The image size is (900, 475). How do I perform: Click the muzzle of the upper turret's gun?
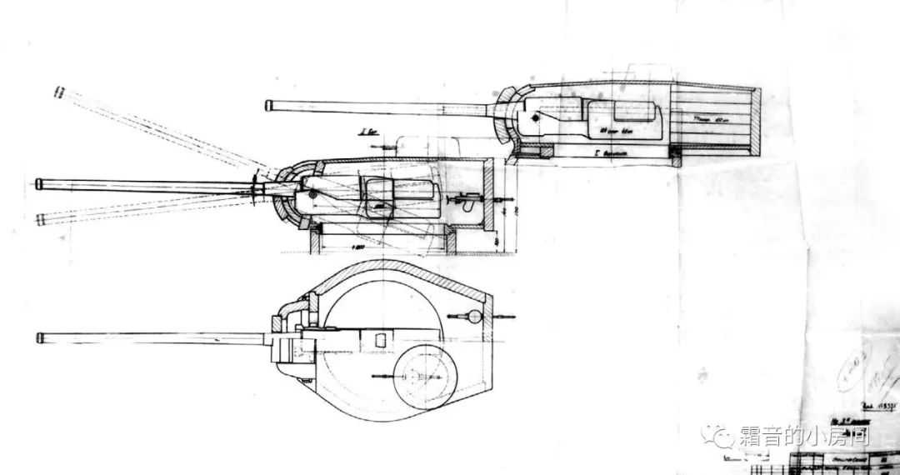269,105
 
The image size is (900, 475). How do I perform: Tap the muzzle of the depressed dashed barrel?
40,219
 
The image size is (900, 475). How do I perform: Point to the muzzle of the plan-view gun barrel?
40,337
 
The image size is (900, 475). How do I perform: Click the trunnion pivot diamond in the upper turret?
534,120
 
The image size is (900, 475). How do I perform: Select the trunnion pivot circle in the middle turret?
313,194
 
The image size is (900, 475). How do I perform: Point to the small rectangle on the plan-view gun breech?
379,339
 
